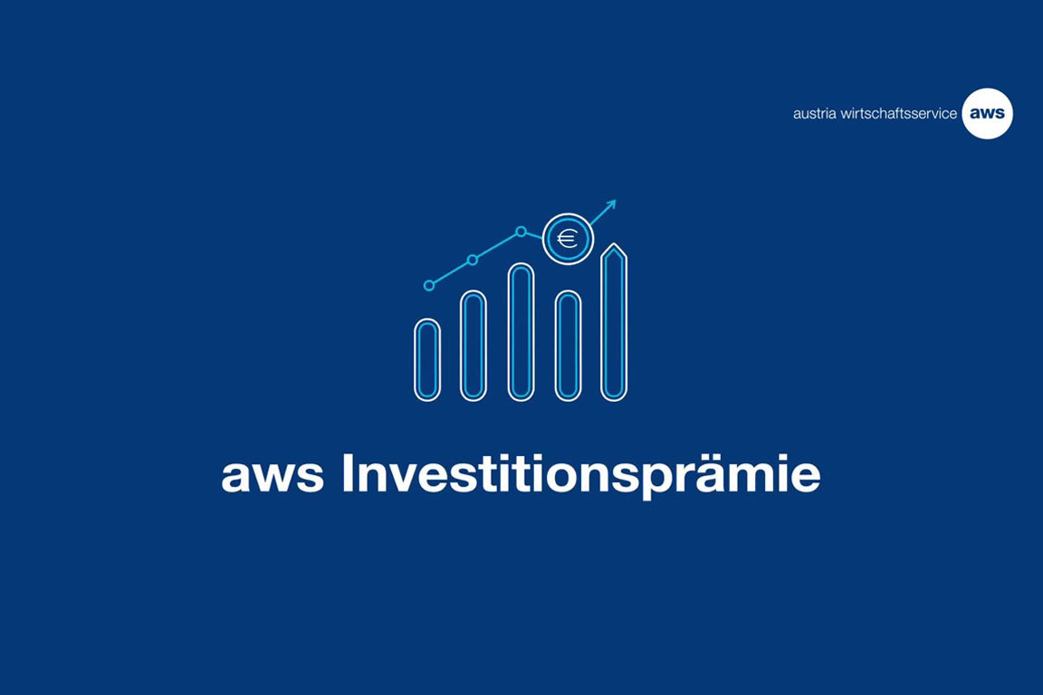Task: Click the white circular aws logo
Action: point(987,113)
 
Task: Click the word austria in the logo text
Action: point(811,114)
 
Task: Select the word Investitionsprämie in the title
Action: point(580,475)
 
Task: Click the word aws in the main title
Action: point(272,475)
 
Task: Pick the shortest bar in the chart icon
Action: point(427,359)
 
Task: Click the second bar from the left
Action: point(474,345)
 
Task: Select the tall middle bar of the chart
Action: point(521,331)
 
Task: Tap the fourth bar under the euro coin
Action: point(568,345)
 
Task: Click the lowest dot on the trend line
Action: point(429,285)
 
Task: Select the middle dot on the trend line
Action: point(473,260)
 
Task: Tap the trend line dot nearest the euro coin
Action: point(521,232)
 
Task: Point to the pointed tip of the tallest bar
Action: point(614,246)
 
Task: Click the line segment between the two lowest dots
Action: point(451,272)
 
